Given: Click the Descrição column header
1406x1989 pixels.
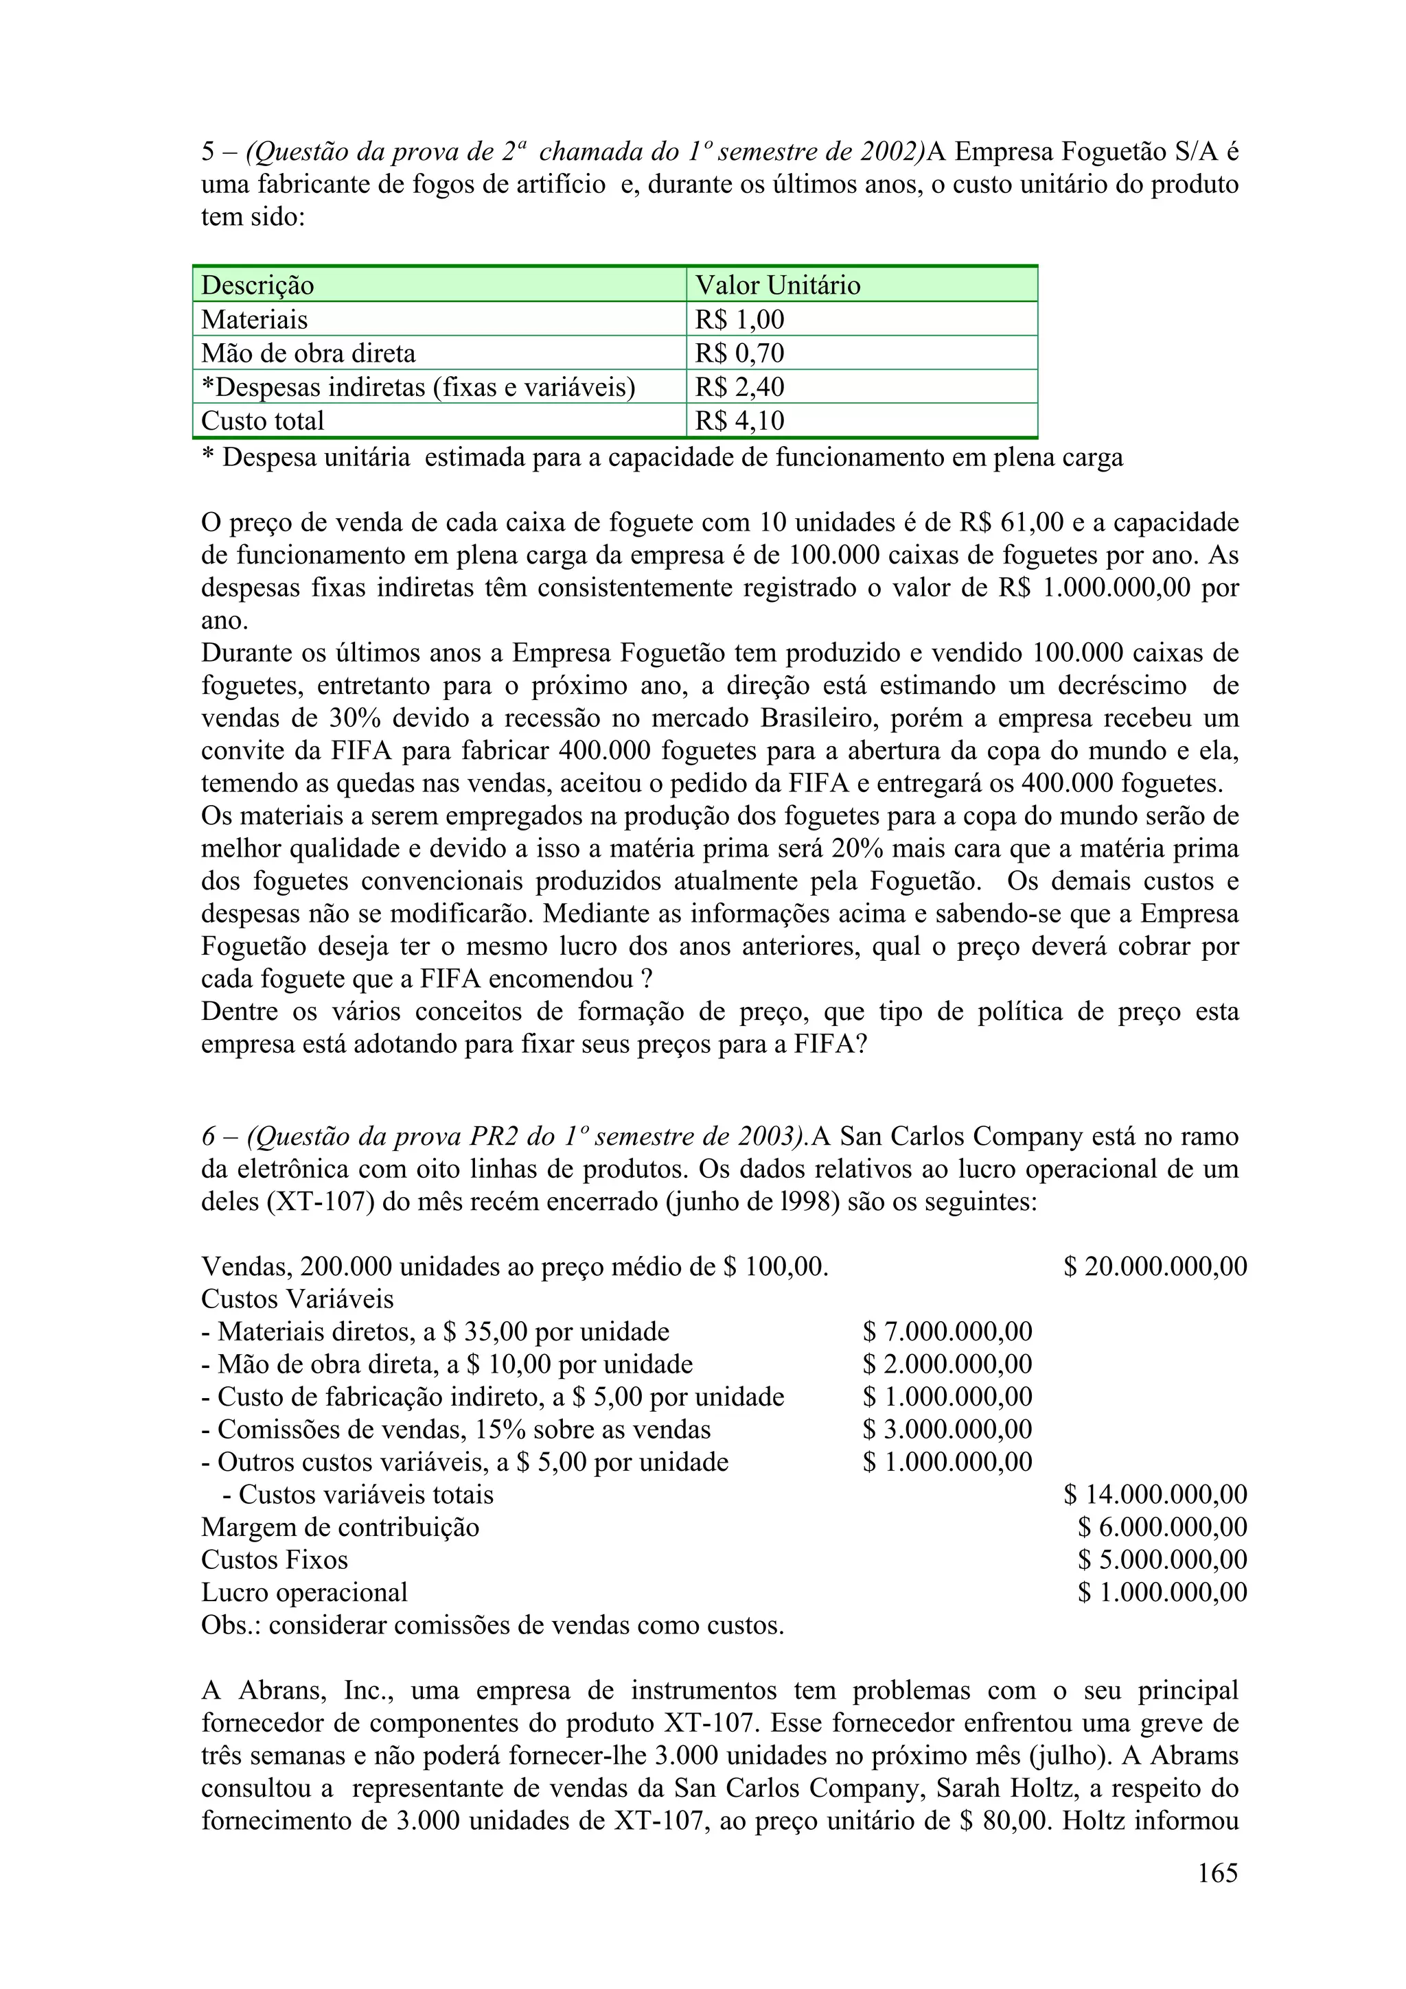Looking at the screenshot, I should [x=257, y=285].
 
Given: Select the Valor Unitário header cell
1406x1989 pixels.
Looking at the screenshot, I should [x=777, y=285].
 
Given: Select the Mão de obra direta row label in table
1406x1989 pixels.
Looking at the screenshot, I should [x=308, y=353].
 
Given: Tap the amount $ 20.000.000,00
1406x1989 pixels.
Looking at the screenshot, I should [x=1155, y=1266].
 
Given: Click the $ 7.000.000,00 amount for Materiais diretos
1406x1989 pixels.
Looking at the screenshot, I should [x=947, y=1331].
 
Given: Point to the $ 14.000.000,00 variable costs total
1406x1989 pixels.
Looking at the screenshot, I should [x=1155, y=1494].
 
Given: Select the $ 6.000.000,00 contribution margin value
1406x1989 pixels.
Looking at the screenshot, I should [x=1162, y=1527].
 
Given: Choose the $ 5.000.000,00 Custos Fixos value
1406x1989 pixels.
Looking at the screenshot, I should [x=1162, y=1560].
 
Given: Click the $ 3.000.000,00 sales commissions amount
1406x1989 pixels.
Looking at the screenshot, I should [x=947, y=1430].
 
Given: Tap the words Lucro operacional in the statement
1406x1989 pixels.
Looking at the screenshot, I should [x=304, y=1593].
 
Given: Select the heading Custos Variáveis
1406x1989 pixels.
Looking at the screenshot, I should [x=297, y=1299].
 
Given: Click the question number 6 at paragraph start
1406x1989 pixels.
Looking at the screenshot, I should [x=208, y=1137].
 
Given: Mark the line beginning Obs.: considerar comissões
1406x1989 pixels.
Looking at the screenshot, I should [x=492, y=1625].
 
